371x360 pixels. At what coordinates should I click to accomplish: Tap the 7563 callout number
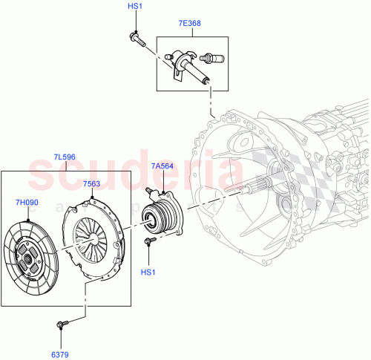tap(92, 183)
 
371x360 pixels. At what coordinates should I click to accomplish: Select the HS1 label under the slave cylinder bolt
tap(149, 272)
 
